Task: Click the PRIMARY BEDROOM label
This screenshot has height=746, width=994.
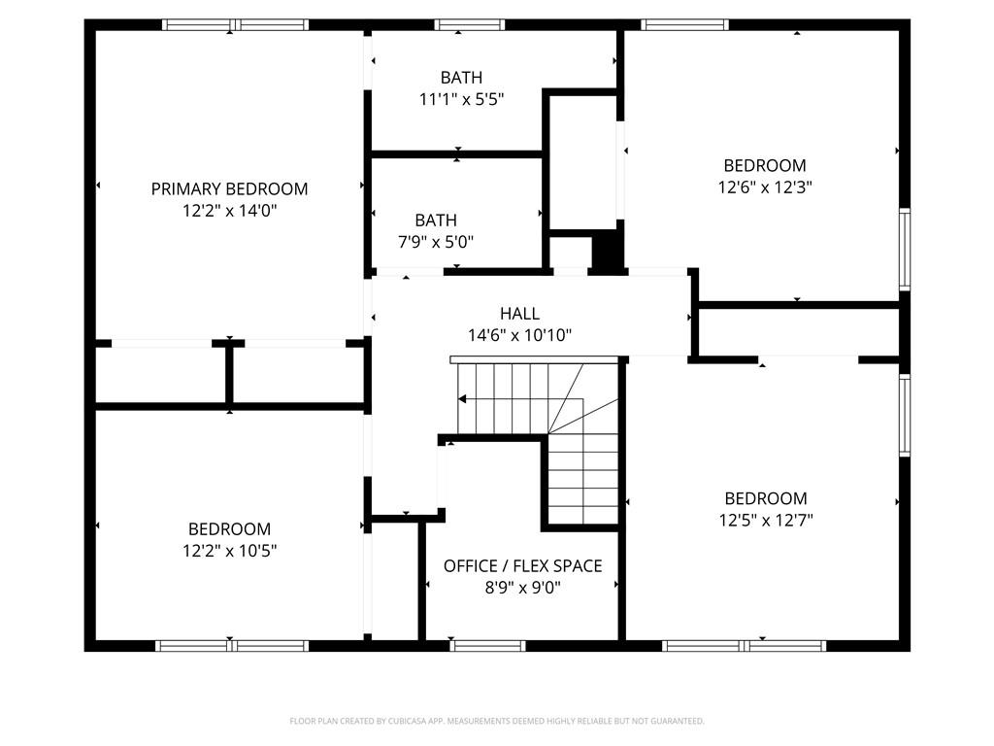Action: tap(229, 188)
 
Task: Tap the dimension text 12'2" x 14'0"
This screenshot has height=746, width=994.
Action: tap(229, 210)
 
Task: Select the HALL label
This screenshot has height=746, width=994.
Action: tap(519, 314)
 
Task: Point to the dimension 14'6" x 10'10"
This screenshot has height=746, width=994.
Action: tap(519, 336)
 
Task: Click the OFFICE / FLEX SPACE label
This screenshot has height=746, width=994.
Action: tap(522, 565)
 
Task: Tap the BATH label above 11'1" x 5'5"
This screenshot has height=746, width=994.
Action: tap(460, 77)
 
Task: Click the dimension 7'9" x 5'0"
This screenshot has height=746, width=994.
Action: tap(435, 242)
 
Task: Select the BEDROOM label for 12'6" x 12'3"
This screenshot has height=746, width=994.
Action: tap(765, 165)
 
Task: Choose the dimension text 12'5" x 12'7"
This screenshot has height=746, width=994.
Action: tap(765, 520)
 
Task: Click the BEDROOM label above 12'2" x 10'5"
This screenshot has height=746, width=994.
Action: tap(229, 529)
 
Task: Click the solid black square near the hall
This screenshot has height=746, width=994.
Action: tap(607, 252)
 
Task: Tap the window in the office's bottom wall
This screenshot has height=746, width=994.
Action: tap(488, 645)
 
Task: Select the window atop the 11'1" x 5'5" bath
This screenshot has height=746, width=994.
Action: tap(470, 24)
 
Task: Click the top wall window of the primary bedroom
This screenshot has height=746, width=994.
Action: tap(235, 24)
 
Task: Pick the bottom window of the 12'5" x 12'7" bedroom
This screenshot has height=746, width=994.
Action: tap(745, 645)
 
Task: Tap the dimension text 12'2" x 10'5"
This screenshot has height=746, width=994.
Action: tap(229, 551)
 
